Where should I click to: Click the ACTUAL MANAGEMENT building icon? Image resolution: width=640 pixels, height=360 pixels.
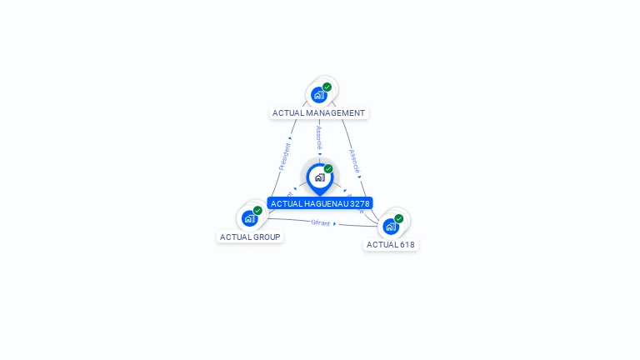point(318,95)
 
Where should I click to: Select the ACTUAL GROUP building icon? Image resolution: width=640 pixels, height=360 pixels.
point(249,218)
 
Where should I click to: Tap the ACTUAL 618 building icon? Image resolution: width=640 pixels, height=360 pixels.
point(390,226)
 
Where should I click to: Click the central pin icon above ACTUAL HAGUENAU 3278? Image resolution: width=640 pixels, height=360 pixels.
point(319,177)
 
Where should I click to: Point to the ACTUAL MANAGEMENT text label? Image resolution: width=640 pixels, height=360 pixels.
point(318,113)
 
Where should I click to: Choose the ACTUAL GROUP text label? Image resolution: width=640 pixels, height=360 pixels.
point(250,237)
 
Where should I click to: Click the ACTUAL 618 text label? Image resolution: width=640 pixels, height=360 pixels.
point(391,245)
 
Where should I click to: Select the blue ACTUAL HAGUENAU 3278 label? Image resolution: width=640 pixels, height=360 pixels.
point(320,203)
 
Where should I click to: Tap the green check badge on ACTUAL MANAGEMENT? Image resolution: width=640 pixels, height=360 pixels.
point(327,87)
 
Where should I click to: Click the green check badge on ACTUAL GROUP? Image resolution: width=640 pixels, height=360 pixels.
point(257,211)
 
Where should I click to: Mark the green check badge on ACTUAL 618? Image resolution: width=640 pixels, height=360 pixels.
point(398,218)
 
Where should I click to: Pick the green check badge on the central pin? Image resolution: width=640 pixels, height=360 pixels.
point(328,169)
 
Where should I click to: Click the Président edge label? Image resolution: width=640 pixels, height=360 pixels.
point(284,156)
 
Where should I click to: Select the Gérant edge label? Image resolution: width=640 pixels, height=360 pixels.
point(320,222)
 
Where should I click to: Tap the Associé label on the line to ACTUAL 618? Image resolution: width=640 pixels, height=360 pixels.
point(354,160)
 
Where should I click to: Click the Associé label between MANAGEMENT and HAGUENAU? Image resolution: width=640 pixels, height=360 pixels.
point(319,137)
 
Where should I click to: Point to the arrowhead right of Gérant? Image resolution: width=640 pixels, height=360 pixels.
point(335,223)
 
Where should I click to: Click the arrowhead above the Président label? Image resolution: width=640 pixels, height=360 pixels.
point(290,137)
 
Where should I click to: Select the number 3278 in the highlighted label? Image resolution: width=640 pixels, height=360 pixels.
point(359,203)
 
